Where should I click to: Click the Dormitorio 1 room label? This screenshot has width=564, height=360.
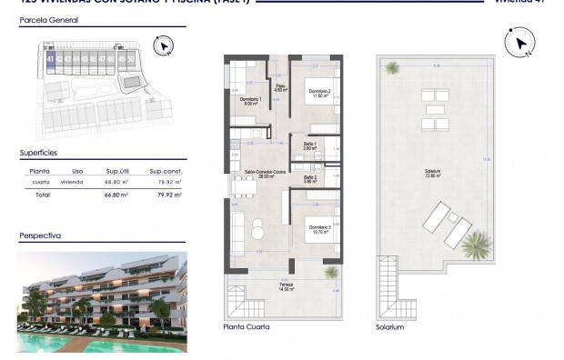(x=251, y=101)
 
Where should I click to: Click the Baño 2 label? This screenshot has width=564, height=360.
(x=309, y=179)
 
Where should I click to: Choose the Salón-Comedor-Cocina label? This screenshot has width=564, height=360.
(x=239, y=174)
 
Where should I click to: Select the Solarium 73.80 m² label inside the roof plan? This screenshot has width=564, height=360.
(x=433, y=174)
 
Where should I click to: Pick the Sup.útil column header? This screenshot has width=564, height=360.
(x=114, y=171)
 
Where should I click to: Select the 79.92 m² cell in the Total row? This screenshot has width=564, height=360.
(x=166, y=195)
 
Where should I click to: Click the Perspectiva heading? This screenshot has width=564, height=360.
(x=40, y=235)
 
